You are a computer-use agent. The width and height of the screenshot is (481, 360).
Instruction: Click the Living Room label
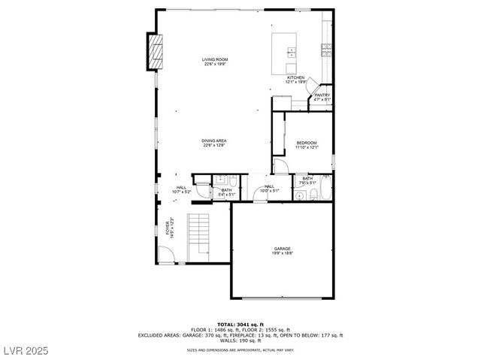[215, 62]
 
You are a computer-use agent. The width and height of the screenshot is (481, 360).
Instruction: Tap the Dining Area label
[214, 143]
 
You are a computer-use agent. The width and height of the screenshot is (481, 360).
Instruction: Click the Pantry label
[322, 97]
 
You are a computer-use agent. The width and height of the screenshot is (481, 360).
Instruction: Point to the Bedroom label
[307, 144]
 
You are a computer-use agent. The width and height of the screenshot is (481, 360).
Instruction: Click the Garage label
[282, 250]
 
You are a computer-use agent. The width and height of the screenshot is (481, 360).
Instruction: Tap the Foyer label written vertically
[170, 227]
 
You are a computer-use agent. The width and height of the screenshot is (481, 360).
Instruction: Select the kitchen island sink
[291, 53]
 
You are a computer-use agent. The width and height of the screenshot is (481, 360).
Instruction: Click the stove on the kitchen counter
[327, 50]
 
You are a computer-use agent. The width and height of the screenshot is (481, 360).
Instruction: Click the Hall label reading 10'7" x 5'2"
[182, 189]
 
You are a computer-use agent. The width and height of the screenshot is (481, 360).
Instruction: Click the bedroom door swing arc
[280, 166]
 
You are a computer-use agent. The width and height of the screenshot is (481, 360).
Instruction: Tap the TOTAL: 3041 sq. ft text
[240, 322]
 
